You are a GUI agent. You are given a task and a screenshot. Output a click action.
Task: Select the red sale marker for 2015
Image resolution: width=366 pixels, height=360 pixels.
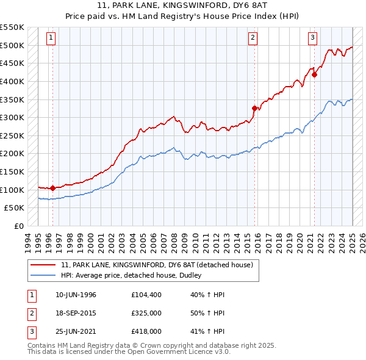pyautogui.click(x=254, y=108)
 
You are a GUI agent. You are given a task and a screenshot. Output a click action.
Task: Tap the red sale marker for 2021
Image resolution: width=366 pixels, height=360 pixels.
pyautogui.click(x=315, y=74)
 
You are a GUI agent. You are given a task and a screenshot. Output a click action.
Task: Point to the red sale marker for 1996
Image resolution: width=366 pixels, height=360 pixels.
pyautogui.click(x=53, y=188)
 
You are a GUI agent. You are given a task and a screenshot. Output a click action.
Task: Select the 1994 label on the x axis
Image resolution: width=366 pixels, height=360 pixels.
pyautogui.click(x=28, y=240)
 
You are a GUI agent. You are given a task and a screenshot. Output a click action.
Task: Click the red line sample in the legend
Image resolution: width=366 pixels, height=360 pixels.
pyautogui.click(x=43, y=264)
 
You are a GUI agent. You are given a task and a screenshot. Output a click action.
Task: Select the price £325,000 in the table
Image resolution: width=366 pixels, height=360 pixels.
pyautogui.click(x=147, y=313)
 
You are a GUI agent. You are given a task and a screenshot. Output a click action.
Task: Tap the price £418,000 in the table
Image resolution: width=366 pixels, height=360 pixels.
pyautogui.click(x=147, y=331)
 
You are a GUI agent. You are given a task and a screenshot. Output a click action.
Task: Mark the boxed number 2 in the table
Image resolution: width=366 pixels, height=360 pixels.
pyautogui.click(x=30, y=313)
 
